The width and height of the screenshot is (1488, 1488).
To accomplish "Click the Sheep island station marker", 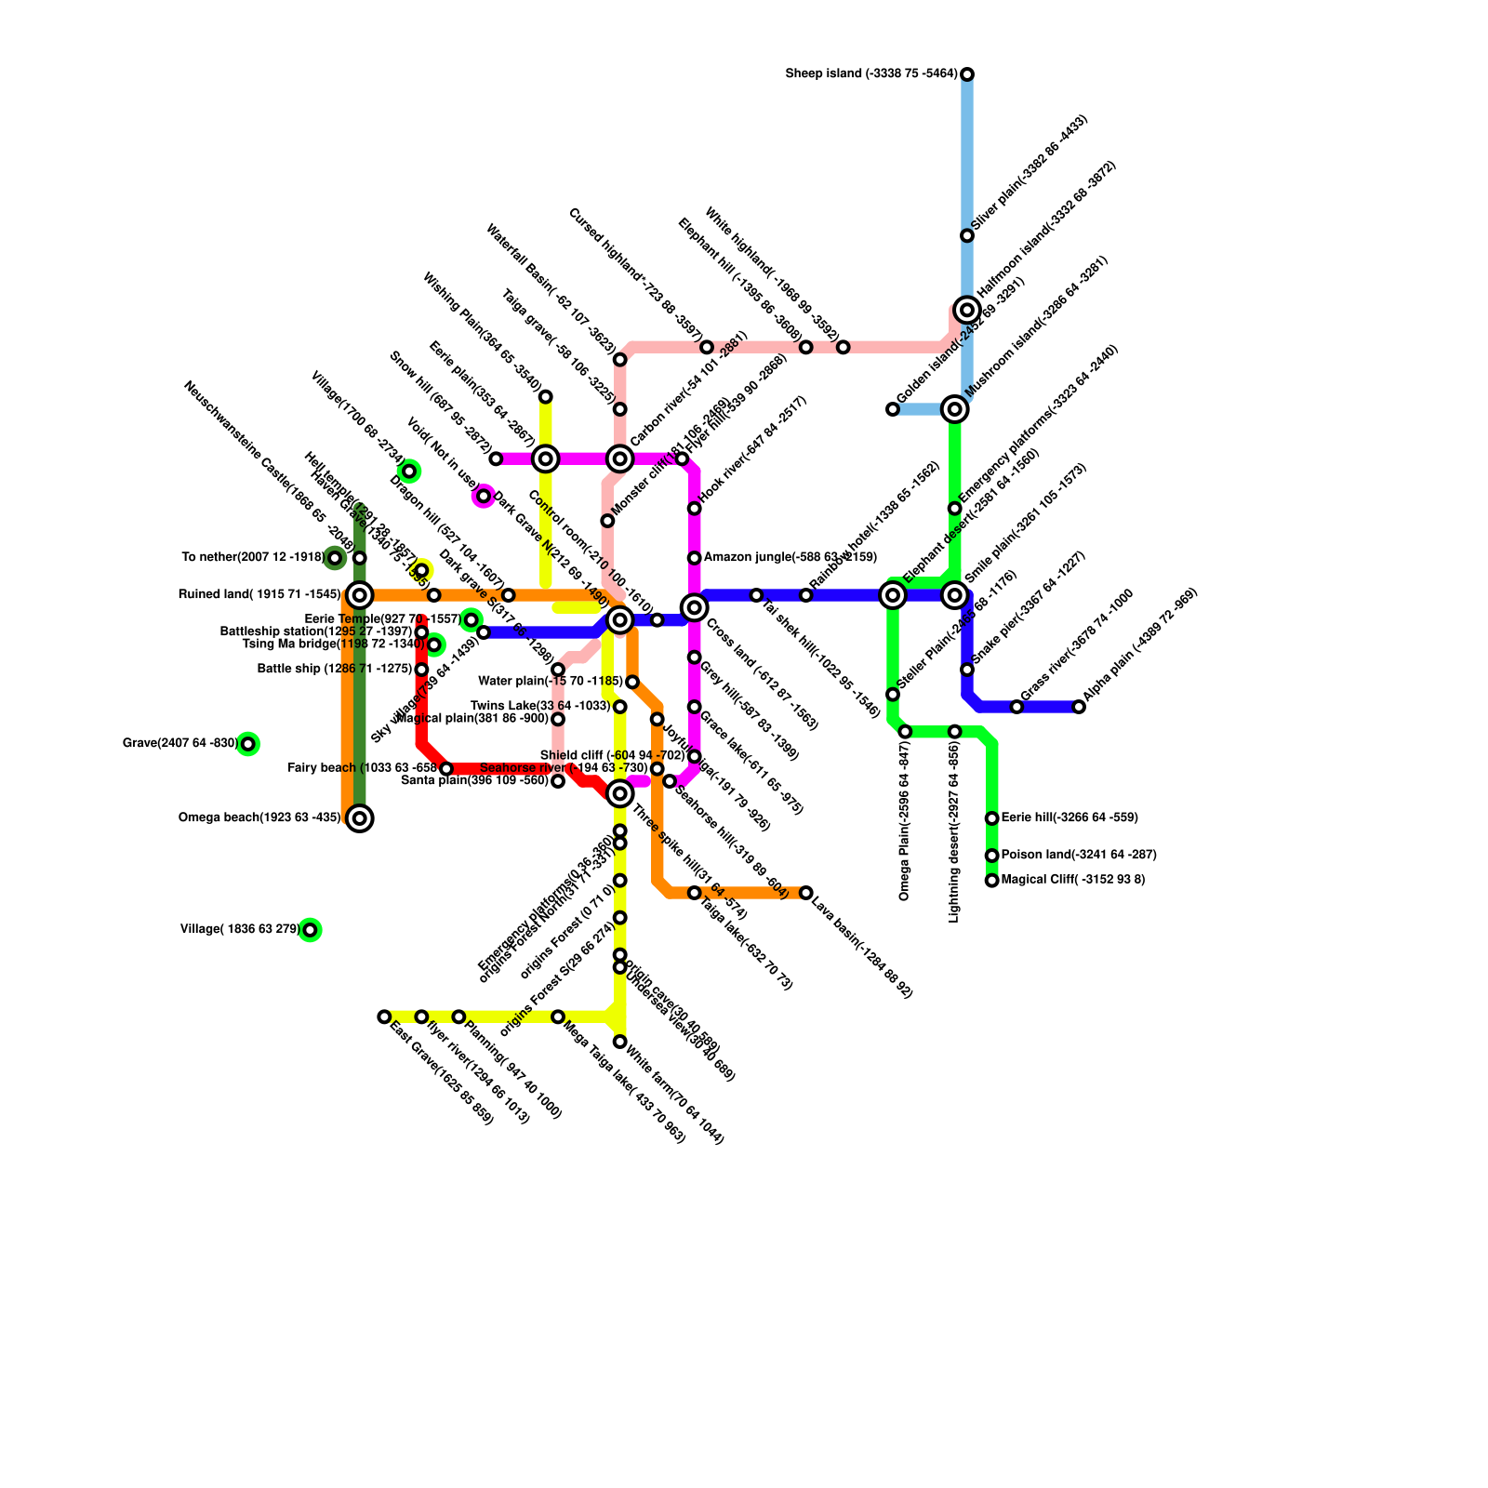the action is (967, 74).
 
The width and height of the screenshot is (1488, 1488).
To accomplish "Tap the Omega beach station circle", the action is (360, 818).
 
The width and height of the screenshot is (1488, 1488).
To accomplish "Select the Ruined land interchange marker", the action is (360, 595).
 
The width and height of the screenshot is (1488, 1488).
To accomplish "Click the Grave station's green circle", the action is (247, 744).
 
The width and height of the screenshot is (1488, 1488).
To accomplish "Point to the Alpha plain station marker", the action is (1079, 707).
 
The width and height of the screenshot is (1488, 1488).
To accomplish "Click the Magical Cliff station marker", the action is (992, 880).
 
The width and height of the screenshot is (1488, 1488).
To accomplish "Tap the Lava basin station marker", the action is (806, 893).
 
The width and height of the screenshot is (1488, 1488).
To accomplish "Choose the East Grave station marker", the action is (384, 1016).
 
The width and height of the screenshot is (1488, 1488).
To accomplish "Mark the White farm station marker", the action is (620, 1042).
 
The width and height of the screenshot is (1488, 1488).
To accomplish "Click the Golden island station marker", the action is (893, 409).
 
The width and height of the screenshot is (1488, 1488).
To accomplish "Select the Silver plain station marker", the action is (967, 235).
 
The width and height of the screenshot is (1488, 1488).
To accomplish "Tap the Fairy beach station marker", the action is (446, 768).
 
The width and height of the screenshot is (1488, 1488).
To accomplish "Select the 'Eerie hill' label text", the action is (1069, 818).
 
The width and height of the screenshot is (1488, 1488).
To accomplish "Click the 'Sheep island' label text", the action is (871, 74).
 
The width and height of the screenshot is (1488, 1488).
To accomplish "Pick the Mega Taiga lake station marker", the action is (558, 1016).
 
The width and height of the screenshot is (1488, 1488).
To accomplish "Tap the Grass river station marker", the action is (1016, 707).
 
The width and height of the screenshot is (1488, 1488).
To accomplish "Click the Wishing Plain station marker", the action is (546, 397).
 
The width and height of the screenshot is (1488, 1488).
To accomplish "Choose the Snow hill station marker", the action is (496, 458).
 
